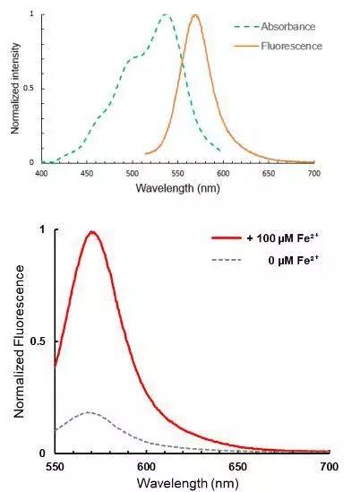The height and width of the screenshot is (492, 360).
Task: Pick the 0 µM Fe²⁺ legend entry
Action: tap(289, 262)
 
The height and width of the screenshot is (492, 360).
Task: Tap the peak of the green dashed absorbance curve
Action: tap(166, 15)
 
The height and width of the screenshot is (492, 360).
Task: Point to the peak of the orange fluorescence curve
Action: tap(195, 15)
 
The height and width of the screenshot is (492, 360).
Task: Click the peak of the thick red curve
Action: tap(91, 232)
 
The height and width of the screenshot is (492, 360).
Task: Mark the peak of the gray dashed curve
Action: tap(87, 412)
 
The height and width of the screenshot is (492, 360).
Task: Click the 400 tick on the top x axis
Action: tap(41, 172)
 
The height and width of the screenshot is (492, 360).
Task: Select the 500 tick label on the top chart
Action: tap(133, 172)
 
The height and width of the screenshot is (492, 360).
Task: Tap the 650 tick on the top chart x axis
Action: tap(269, 172)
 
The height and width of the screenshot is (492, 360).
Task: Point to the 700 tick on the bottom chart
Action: tap(328, 467)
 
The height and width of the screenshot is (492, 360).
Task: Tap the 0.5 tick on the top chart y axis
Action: tap(30, 88)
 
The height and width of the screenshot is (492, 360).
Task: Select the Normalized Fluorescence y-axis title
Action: tap(18, 341)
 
